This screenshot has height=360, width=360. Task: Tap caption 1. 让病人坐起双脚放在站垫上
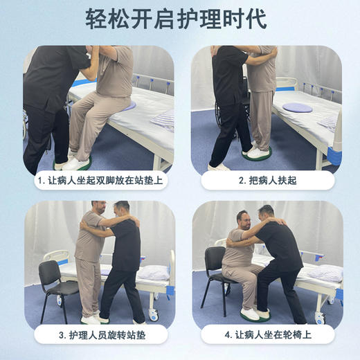(x=100, y=181)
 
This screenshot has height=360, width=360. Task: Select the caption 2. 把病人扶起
(x=267, y=181)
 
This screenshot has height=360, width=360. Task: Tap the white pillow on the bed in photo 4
(x=325, y=273)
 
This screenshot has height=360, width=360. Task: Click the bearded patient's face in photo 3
(x=97, y=210)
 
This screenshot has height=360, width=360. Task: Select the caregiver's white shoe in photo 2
(x=219, y=167)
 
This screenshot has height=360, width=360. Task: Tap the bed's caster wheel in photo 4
(x=321, y=318)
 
